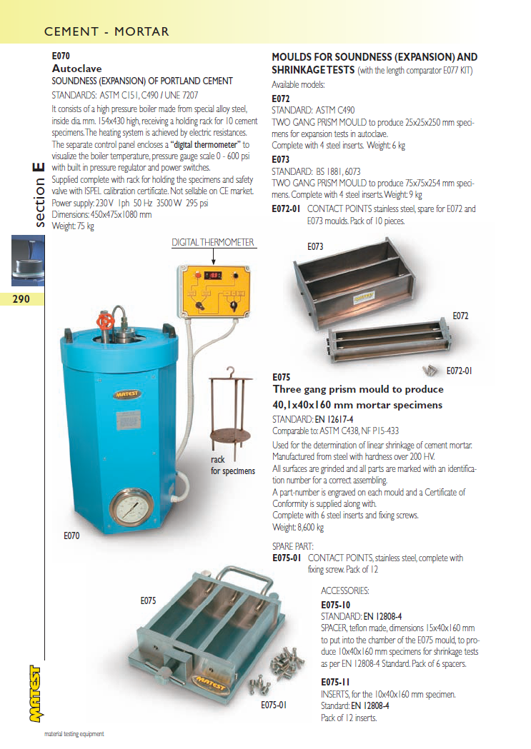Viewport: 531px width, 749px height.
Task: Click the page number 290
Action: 21,298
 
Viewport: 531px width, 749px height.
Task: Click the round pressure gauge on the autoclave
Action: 132,511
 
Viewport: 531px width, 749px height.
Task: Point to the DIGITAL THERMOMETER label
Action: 213,243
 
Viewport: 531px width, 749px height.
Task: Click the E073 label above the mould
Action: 315,246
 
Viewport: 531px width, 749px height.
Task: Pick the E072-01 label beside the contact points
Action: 460,371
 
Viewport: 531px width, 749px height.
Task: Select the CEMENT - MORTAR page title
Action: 106,31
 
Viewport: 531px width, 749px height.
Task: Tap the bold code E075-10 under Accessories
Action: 335,605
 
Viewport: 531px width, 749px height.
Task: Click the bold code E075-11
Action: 335,682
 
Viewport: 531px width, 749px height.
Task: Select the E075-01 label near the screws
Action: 274,705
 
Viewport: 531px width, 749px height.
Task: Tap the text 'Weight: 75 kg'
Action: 73,226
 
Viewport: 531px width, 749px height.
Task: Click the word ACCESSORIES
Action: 345,591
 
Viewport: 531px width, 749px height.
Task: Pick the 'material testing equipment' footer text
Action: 75,734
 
